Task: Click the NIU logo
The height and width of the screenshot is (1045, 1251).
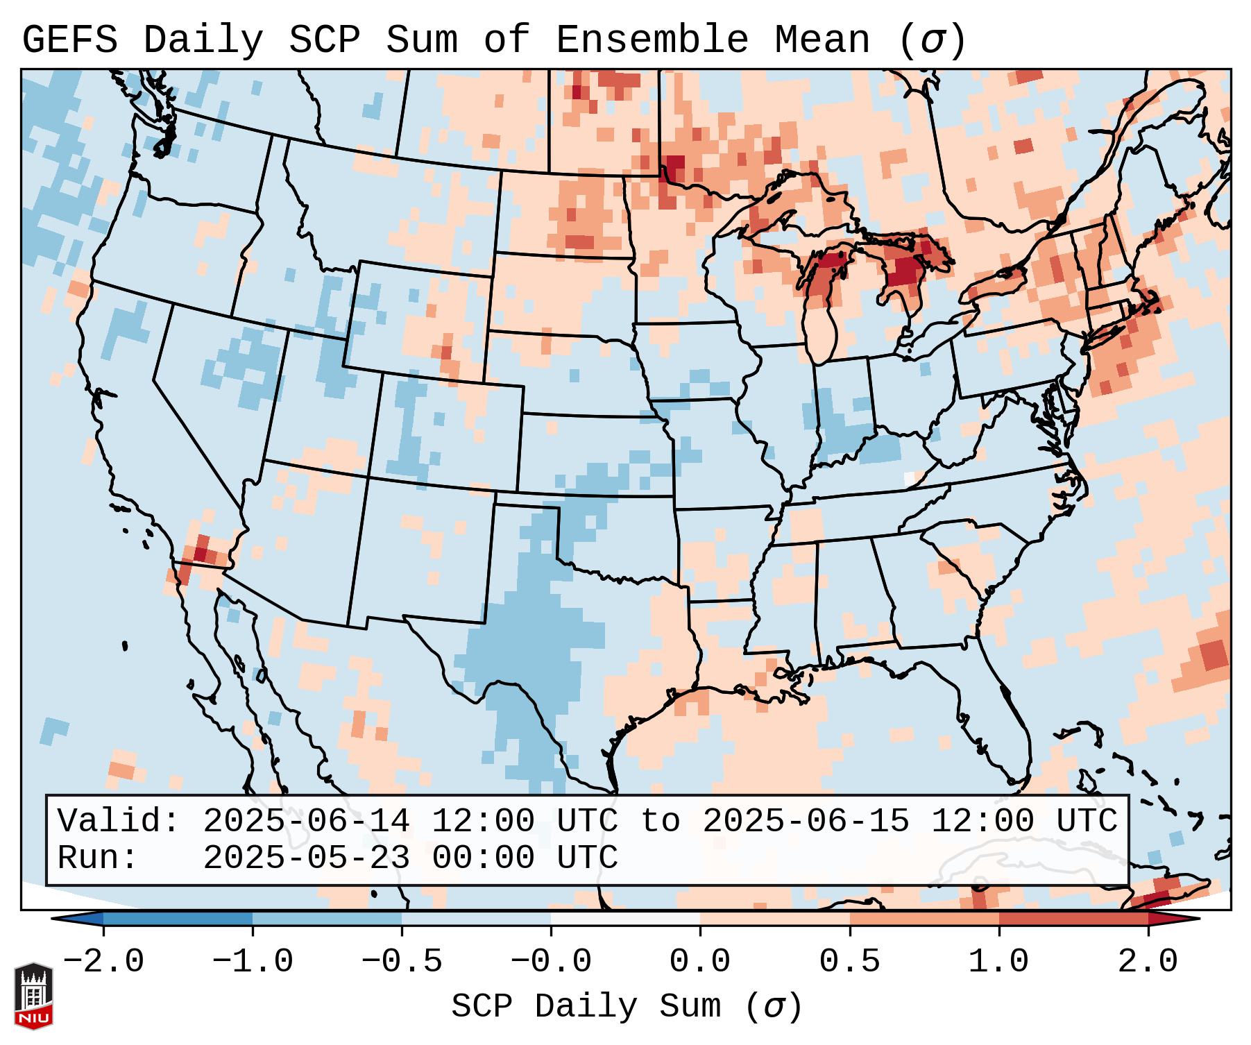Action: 33,995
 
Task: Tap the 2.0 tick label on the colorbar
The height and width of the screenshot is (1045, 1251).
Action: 1148,962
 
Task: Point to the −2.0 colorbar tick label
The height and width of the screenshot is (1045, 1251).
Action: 103,962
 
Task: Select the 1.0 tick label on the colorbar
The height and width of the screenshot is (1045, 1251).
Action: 998,962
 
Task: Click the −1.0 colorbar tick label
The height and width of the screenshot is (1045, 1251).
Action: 252,962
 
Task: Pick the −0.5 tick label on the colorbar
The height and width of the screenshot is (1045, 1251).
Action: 401,962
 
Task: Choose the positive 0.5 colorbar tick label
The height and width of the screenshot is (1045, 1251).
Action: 849,962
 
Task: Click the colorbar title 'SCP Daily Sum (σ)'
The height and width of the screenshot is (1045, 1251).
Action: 626,1006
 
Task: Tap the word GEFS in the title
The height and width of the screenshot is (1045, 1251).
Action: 70,40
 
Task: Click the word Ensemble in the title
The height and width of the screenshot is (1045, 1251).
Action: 652,40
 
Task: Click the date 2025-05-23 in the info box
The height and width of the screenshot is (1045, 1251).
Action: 306,858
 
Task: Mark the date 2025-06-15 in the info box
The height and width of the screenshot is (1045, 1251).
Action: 806,821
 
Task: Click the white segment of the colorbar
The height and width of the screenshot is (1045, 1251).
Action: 625,919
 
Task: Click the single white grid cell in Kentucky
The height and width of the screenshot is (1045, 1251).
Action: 910,479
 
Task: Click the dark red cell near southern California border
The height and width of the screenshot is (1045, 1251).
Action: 201,553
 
